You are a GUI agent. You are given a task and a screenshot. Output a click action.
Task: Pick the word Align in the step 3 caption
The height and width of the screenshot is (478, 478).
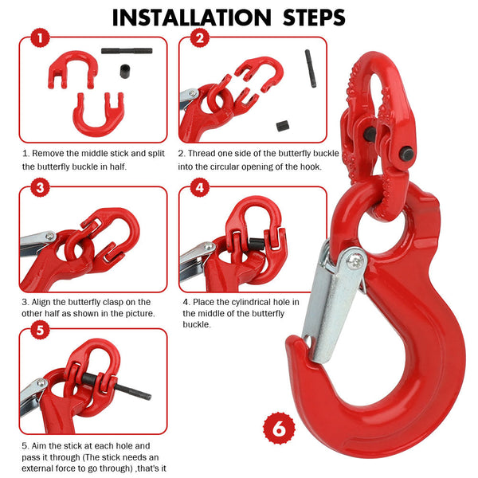[x=43, y=302]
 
